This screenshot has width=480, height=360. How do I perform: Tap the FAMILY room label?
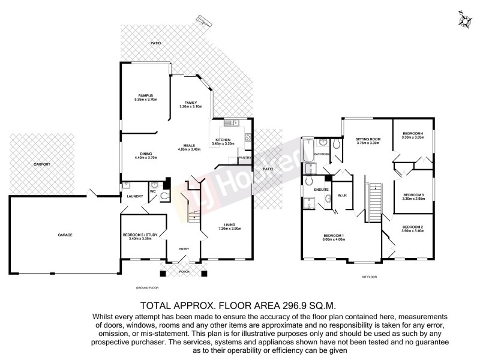[191, 103]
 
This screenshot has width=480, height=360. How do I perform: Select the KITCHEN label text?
[223, 140]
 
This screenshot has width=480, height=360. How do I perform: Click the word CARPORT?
[41, 164]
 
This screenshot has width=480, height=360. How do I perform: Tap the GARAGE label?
[65, 235]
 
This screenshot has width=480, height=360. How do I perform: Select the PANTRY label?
[245, 158]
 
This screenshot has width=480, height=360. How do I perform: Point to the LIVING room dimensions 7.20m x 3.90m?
[230, 229]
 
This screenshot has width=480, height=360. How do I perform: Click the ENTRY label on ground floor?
[184, 248]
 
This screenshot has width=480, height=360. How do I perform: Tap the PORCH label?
[184, 271]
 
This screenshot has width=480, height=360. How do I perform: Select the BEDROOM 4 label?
[413, 133]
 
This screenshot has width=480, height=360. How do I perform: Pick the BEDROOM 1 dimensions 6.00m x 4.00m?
[334, 239]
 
